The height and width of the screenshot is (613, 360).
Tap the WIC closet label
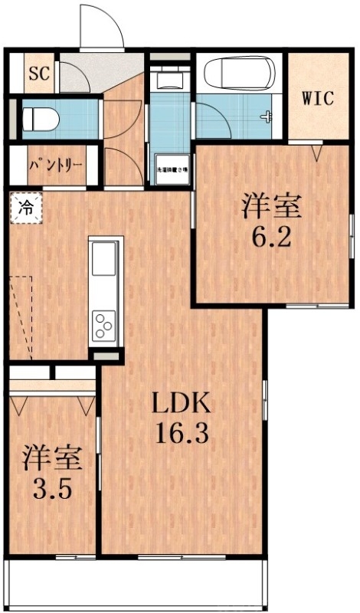[316, 97]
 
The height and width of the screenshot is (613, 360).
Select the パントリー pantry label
[53, 165]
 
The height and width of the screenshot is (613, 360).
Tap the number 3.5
[51, 488]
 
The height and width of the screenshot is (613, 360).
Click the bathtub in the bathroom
[239, 75]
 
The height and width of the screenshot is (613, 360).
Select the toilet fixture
[38, 119]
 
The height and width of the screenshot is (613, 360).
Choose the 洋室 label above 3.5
[51, 457]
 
